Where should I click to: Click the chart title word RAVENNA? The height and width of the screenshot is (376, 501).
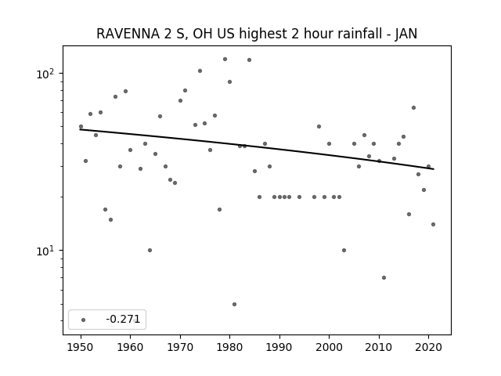pos(128,34)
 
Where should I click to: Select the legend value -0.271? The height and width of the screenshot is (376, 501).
pos(123,319)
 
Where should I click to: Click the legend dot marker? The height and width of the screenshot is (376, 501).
pos(83,320)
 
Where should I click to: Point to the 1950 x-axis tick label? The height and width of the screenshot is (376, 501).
pos(81,347)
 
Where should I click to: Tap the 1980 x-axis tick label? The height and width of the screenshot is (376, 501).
pos(229,347)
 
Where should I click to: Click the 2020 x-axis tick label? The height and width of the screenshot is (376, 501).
pos(428,347)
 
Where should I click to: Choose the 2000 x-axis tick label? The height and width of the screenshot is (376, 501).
pos(329,347)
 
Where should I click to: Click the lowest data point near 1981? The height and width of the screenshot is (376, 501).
pos(235,305)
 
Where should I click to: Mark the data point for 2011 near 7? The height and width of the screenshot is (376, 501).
pos(384,277)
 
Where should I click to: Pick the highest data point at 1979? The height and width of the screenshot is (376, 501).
pos(225,60)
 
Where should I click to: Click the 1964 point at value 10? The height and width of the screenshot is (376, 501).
pos(150,251)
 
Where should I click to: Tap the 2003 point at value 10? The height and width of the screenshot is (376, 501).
pos(344,251)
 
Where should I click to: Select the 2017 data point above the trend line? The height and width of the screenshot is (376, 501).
pos(413,108)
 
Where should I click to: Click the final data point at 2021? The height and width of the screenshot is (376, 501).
pos(433,225)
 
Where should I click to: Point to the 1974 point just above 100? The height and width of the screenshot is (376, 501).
pos(200,71)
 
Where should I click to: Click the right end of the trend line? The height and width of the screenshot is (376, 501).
pos(434,169)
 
